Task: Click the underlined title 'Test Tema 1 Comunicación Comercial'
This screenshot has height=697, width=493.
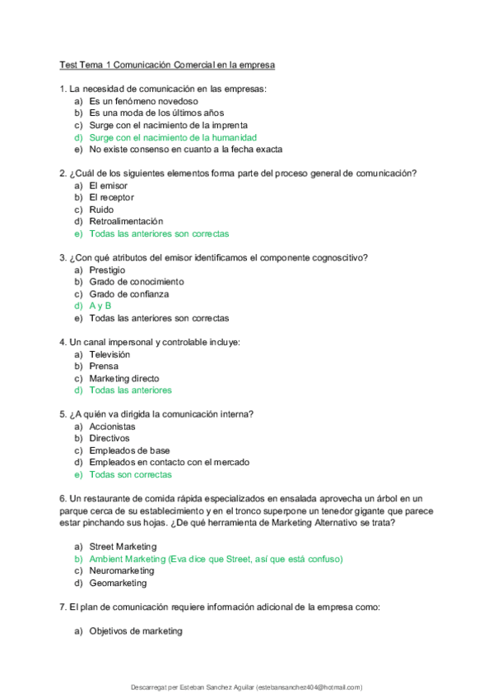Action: [167, 64]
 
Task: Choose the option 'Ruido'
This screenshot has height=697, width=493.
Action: [103, 210]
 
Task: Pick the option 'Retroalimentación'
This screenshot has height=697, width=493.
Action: [126, 222]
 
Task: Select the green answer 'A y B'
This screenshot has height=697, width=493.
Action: [100, 306]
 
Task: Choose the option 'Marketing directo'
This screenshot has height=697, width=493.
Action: [130, 378]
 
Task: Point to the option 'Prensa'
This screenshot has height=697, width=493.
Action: [104, 366]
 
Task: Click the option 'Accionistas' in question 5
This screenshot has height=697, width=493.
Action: [113, 427]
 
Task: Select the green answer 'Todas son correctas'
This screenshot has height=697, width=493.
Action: [131, 474]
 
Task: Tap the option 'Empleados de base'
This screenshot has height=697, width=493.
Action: [130, 450]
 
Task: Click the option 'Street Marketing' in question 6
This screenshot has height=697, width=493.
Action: [123, 547]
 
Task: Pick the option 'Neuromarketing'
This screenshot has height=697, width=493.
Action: [122, 570]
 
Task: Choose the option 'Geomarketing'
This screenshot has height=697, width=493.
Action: [118, 583]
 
